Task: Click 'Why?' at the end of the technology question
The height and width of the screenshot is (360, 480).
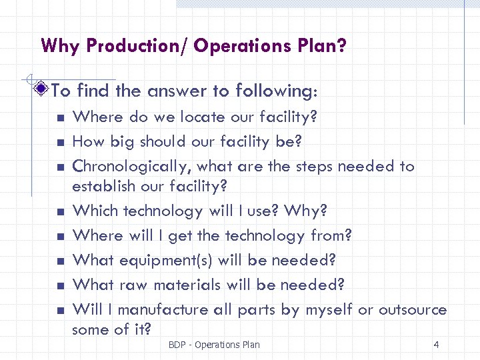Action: coord(305,211)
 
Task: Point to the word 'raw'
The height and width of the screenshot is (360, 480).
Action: coord(133,285)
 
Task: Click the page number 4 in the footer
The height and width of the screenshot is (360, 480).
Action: coord(436,345)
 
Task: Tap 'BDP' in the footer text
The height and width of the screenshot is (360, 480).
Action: coord(178,345)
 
